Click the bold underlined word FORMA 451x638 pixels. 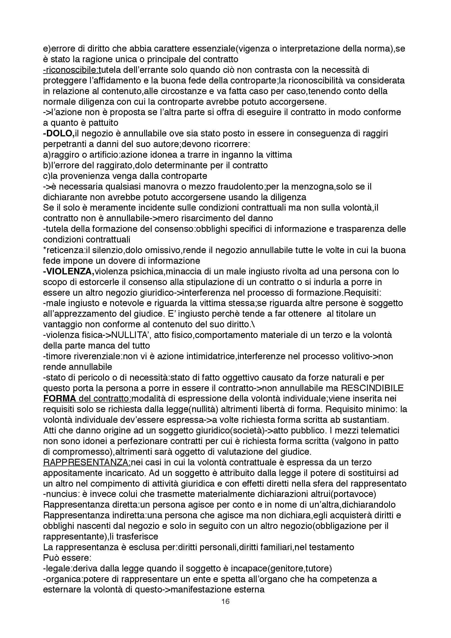tap(59, 398)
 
